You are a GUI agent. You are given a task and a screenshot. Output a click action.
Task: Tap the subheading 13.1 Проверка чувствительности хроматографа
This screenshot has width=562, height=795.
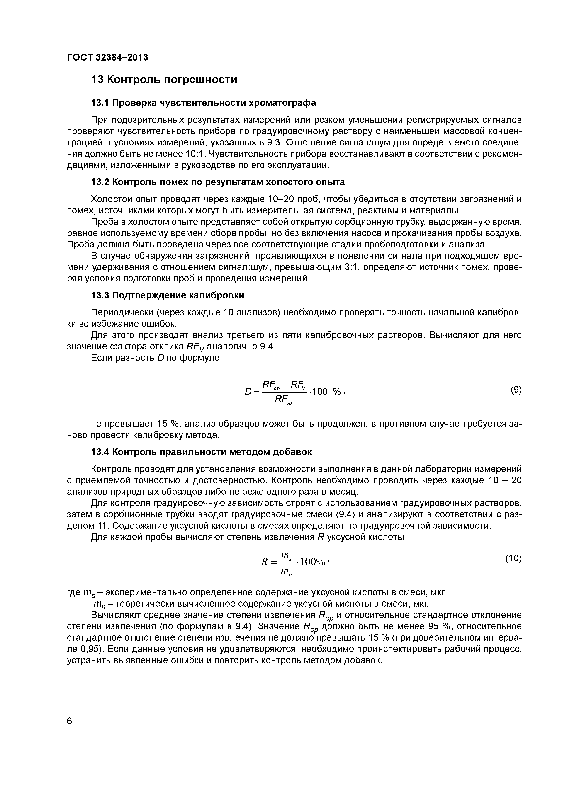click(203, 103)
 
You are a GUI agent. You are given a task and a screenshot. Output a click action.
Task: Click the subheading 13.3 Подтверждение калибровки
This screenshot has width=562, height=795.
click(167, 296)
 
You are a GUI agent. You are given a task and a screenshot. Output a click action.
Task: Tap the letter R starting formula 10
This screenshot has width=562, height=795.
click(264, 562)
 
